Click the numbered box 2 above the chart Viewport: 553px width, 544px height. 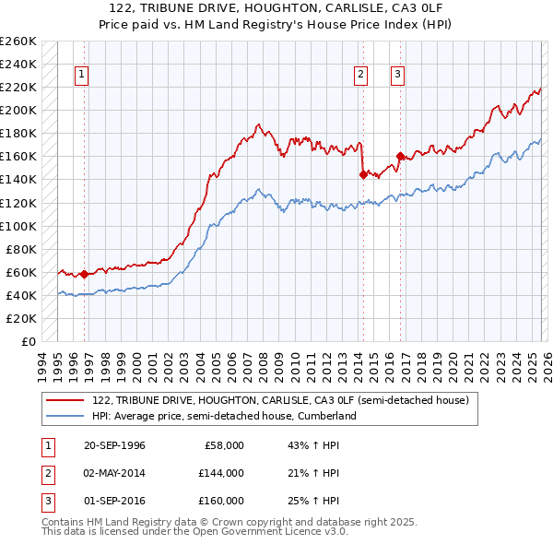click(x=360, y=76)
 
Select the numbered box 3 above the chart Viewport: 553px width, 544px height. click(x=398, y=76)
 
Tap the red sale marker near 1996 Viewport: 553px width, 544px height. click(x=85, y=274)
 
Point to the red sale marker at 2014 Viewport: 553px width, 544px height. click(x=363, y=173)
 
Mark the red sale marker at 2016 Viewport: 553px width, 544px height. click(x=400, y=155)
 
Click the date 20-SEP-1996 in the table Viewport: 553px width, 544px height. click(x=114, y=445)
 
